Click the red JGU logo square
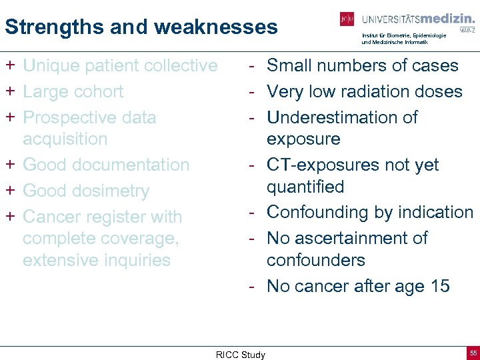click(x=347, y=20)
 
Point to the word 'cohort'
click(x=98, y=91)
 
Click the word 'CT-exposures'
click(x=326, y=165)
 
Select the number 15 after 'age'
click(x=440, y=286)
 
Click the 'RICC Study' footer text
click(x=240, y=355)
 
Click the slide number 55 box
click(x=473, y=352)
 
